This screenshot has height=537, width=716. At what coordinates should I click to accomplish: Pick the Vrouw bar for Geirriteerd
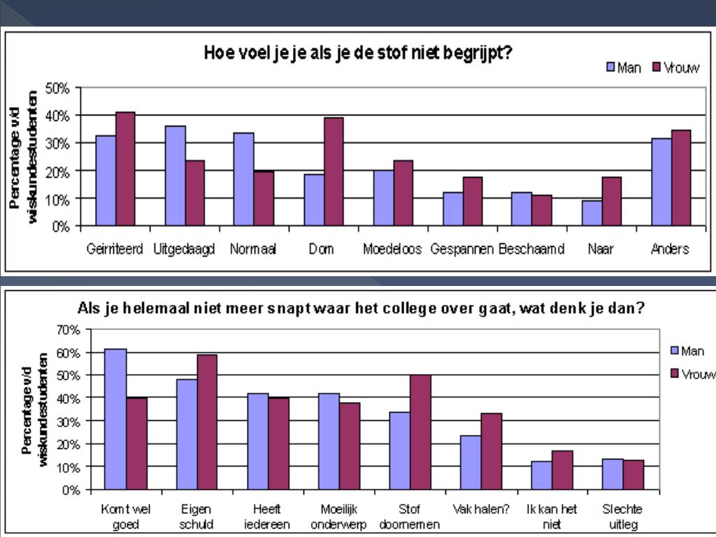tap(125, 169)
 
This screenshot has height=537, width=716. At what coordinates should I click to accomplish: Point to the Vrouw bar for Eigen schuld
tap(207, 422)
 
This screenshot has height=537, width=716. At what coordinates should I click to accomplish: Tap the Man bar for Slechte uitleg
tap(613, 474)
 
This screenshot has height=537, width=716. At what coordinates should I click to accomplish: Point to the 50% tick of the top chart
tap(57, 88)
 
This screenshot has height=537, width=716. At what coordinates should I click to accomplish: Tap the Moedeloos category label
tap(392, 250)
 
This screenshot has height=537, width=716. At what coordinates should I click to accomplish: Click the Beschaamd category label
tap(531, 250)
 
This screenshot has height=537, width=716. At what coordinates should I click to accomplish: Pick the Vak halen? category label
tap(482, 509)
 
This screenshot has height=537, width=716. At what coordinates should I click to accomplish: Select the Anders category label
tap(670, 250)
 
